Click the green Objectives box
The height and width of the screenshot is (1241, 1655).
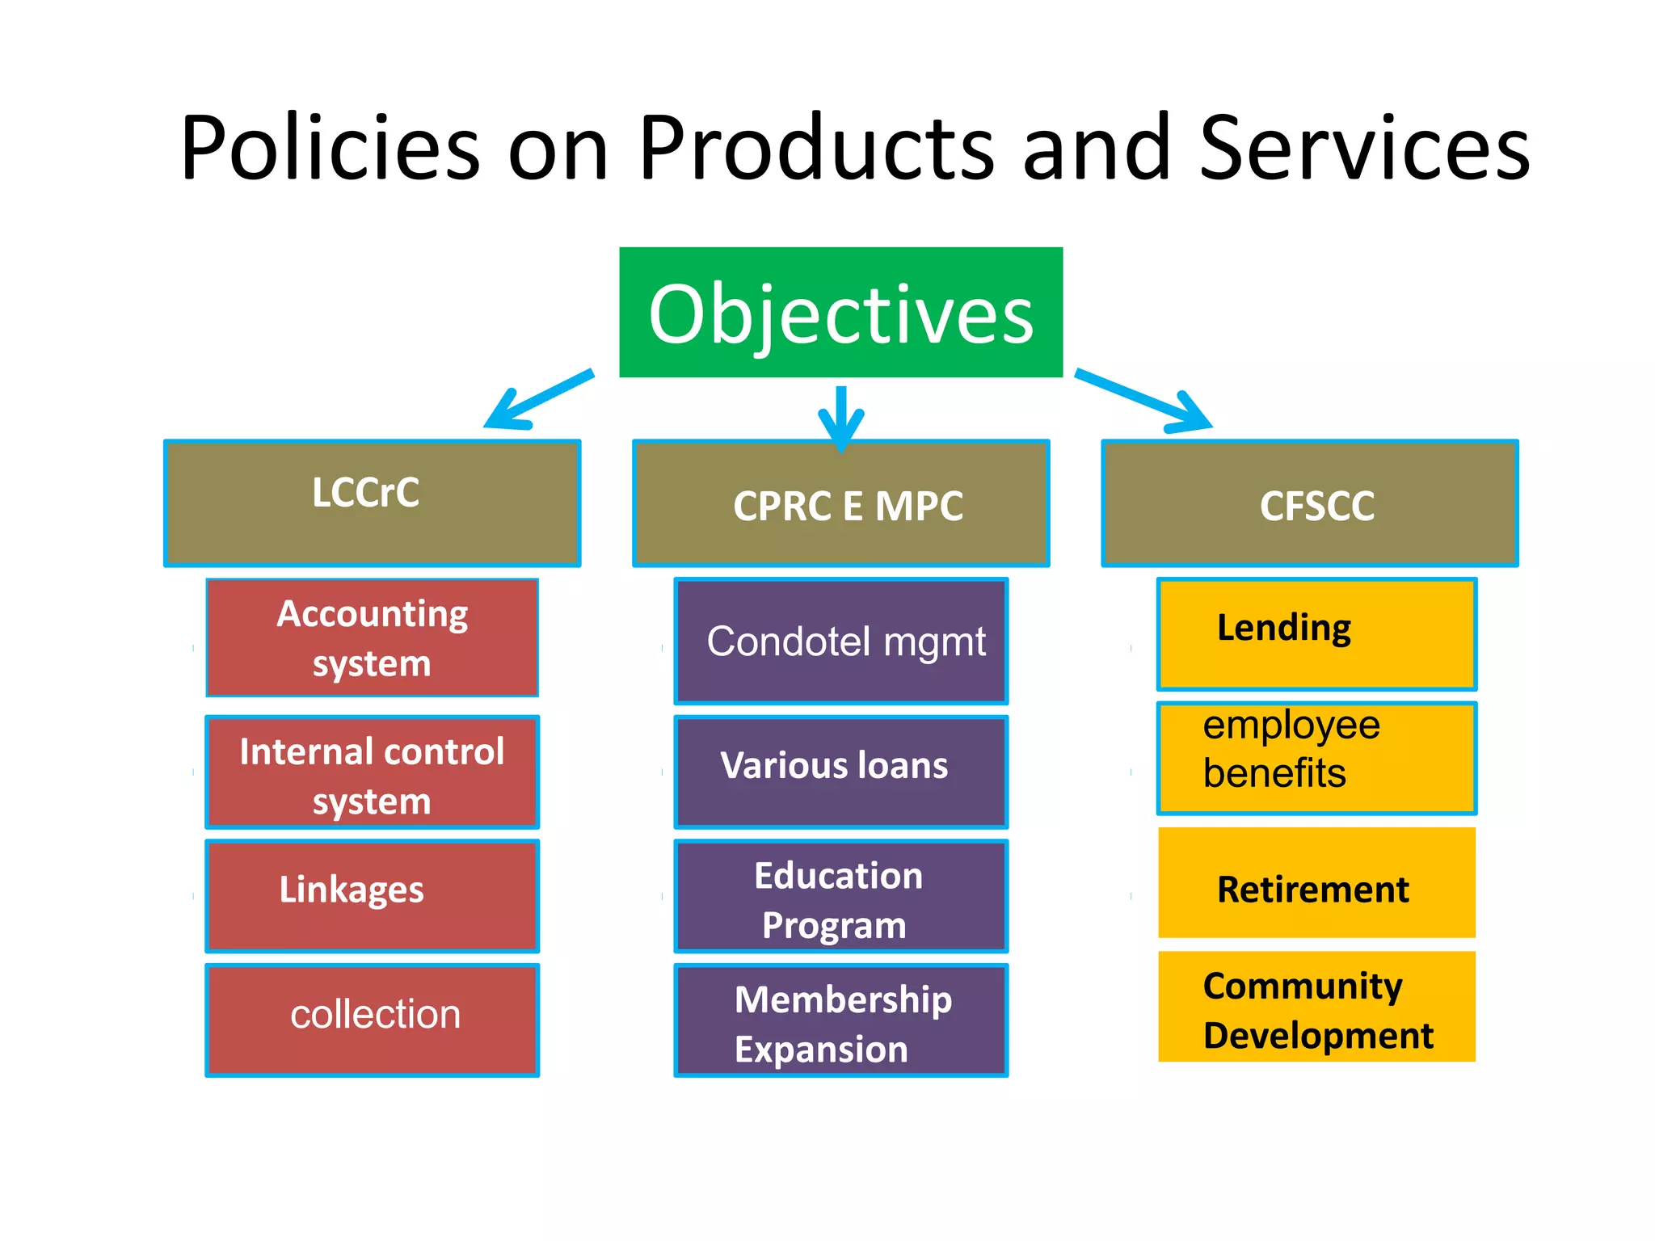(x=840, y=312)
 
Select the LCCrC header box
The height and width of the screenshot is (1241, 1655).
(x=372, y=503)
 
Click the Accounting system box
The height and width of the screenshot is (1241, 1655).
(x=372, y=637)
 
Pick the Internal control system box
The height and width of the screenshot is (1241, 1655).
(x=372, y=773)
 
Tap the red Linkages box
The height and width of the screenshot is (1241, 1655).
(x=372, y=896)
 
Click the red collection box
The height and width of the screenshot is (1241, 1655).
(x=372, y=1020)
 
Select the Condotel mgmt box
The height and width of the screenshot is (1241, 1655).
(x=840, y=641)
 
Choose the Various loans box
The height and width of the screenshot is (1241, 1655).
(x=840, y=772)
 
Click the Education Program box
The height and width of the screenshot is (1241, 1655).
(x=840, y=897)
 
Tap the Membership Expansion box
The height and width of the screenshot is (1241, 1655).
(x=840, y=1020)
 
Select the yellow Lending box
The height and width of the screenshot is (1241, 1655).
(x=1316, y=634)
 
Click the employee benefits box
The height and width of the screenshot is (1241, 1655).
(x=1316, y=758)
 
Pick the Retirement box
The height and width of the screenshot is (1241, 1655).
(x=1316, y=882)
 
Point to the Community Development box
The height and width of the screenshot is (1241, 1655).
(x=1316, y=1007)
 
